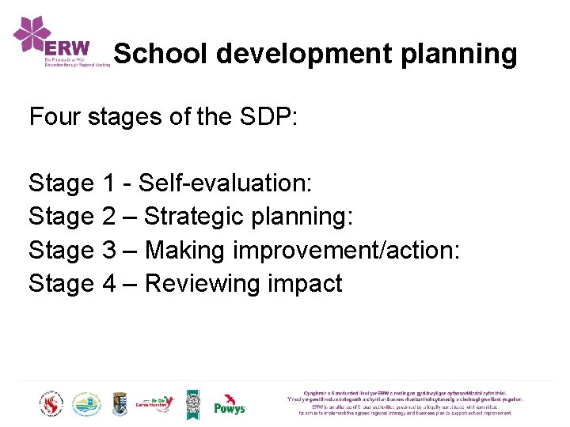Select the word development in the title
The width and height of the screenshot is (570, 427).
pyautogui.click(x=303, y=54)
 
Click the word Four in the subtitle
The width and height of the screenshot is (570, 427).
pyautogui.click(x=55, y=117)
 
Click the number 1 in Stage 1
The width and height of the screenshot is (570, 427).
pyautogui.click(x=109, y=183)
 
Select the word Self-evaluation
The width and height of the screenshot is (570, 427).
pyautogui.click(x=226, y=183)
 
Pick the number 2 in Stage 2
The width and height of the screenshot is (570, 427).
pyautogui.click(x=109, y=217)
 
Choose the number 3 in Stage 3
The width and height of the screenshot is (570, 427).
pyautogui.click(x=109, y=250)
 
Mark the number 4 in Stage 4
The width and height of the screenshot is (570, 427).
pyautogui.click(x=109, y=283)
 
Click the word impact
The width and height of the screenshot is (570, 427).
pyautogui.click(x=306, y=283)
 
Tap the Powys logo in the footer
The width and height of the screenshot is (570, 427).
pyautogui.click(x=230, y=405)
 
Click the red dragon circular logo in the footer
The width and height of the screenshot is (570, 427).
pyautogui.click(x=51, y=404)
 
